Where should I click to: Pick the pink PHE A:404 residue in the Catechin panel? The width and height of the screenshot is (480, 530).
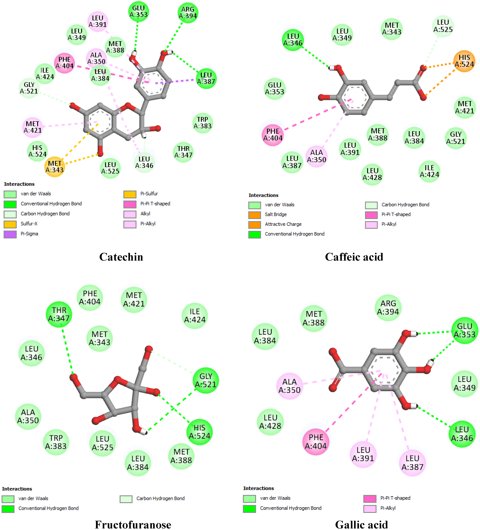[64, 63]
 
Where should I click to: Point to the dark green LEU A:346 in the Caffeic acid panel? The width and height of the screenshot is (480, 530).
[293, 40]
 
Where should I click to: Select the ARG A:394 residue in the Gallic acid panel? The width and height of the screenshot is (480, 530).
[388, 308]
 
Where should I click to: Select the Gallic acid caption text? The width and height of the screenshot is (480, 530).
[361, 525]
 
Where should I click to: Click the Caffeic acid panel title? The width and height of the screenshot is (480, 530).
[354, 257]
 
